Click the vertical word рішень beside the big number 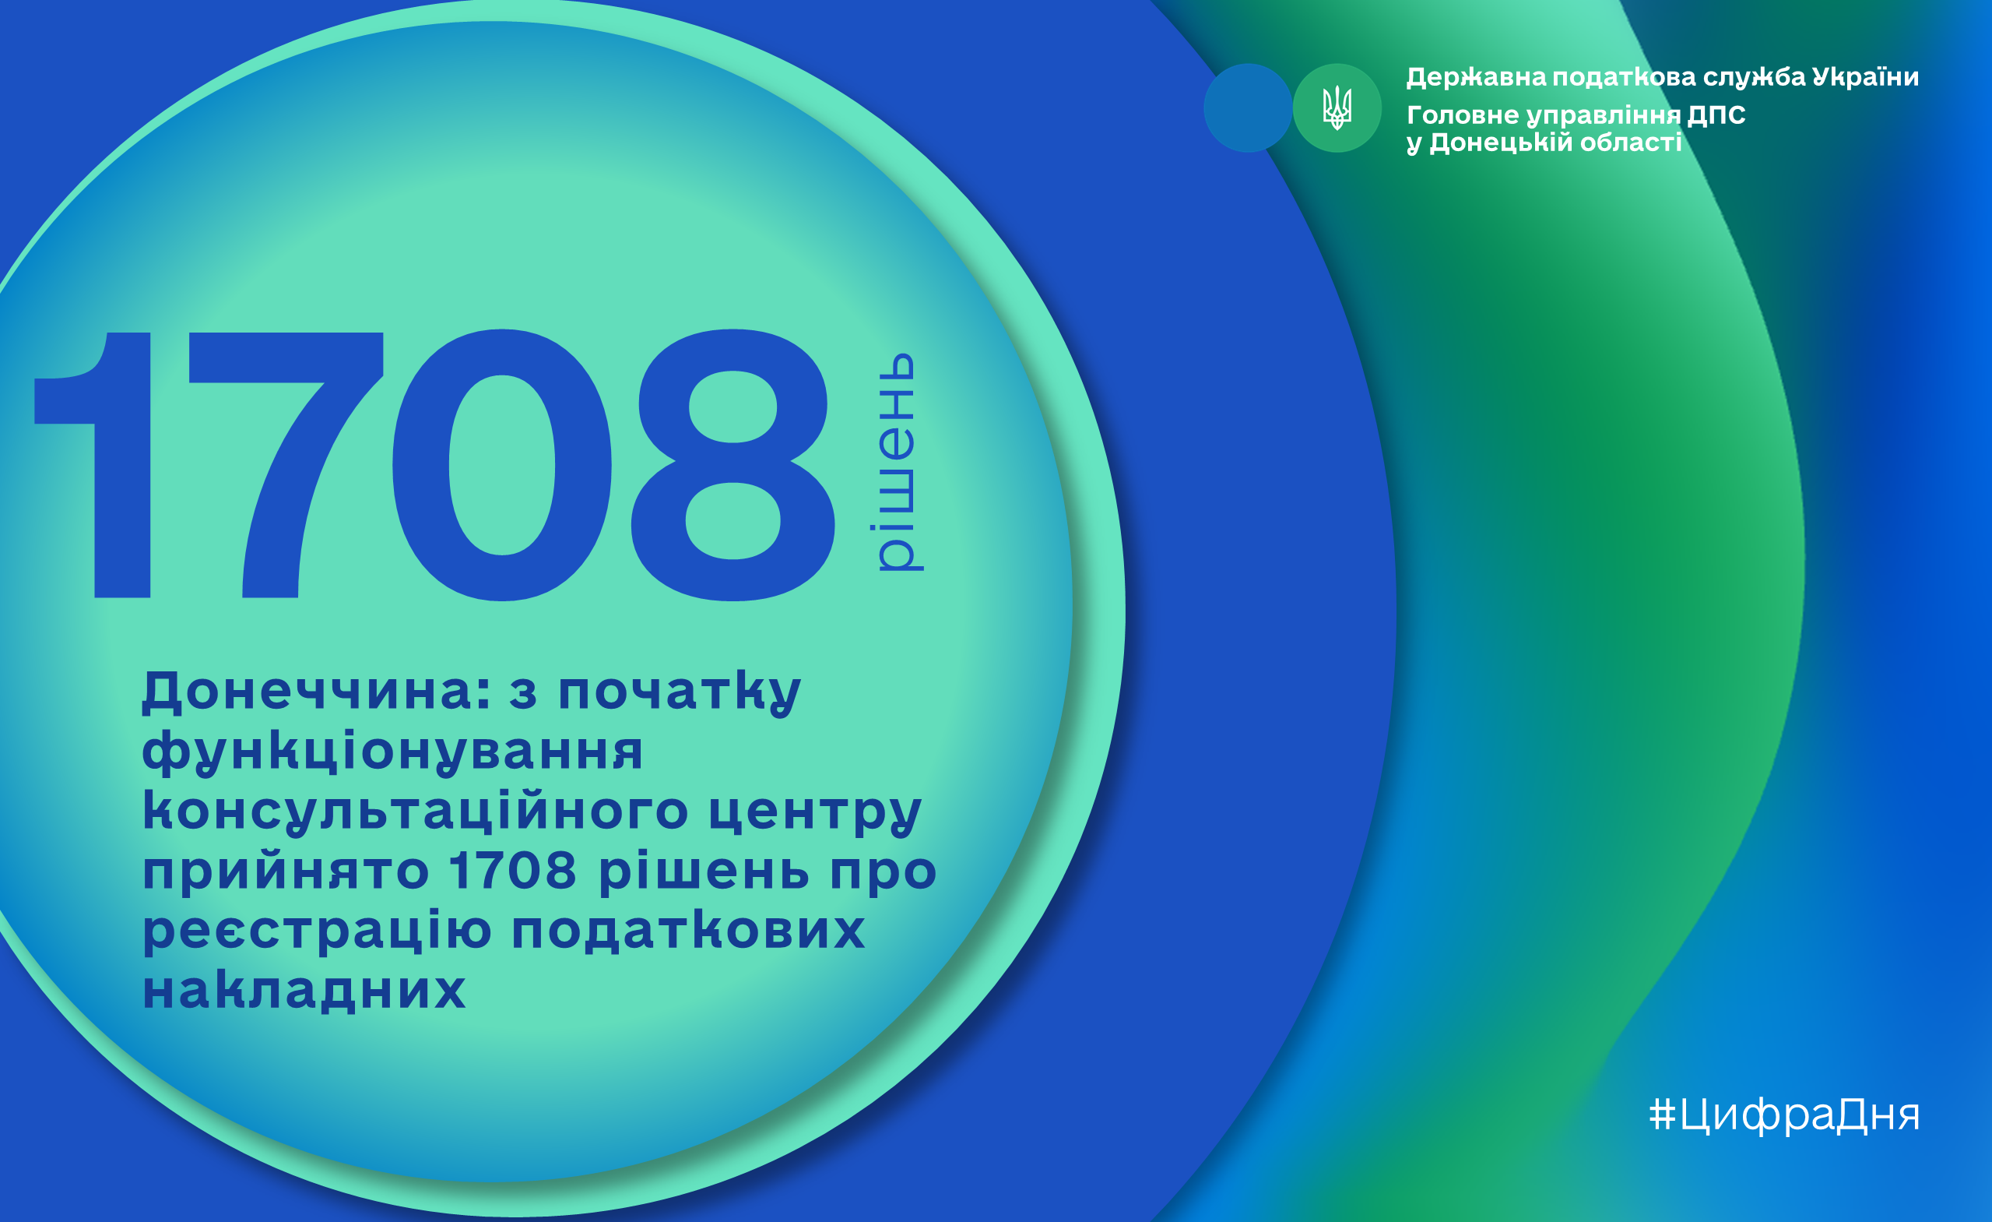pos(898,463)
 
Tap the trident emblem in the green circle pos(1337,107)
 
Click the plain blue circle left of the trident pos(1247,107)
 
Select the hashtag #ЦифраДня pos(1784,1115)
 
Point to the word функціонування pos(393,753)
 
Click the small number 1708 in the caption pos(513,870)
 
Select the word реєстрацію pos(317,931)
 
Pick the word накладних pos(304,988)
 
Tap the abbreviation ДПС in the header pos(1716,114)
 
